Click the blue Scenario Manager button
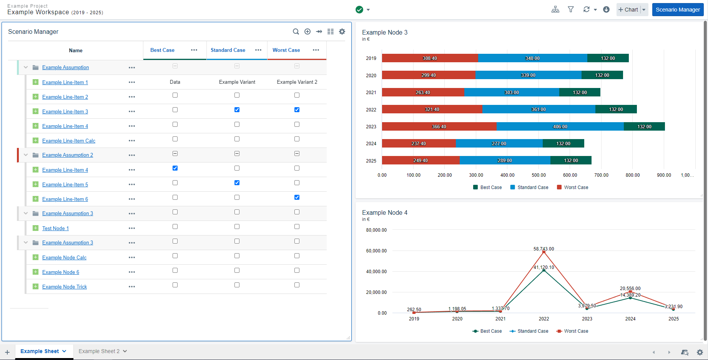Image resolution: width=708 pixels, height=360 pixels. [678, 10]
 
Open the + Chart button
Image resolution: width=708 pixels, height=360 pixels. [628, 10]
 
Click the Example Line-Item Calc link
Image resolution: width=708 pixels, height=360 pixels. [68, 141]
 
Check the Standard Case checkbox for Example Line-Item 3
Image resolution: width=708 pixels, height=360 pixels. [237, 110]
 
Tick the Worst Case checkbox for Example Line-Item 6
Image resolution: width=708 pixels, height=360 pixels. [297, 197]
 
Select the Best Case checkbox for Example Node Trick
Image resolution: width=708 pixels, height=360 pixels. [175, 285]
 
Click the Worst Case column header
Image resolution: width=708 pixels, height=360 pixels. [286, 50]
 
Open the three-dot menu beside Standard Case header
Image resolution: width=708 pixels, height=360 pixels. [258, 50]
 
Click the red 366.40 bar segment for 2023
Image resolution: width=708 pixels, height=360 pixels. [439, 126]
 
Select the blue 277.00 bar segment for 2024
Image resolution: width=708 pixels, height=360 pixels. [499, 144]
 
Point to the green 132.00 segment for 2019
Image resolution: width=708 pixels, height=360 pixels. [608, 58]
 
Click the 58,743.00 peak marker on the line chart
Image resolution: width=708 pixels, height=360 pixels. [544, 252]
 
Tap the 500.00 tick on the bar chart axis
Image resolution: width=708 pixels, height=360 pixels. [538, 175]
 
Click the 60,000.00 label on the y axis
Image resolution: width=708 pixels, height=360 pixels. [376, 251]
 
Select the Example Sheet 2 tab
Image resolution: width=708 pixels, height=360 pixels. [99, 351]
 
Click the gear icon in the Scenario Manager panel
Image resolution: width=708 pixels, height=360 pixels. [342, 32]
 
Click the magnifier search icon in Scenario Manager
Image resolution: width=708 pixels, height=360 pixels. [296, 32]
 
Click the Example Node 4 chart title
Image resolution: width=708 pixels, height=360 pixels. [384, 213]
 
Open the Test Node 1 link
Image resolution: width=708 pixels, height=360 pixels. [55, 229]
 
